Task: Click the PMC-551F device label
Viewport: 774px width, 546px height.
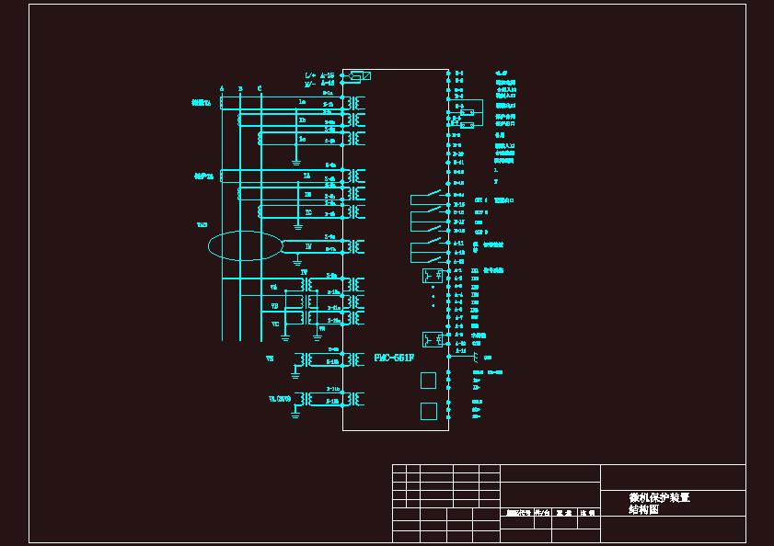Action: [x=394, y=357]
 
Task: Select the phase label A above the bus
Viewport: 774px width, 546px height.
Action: [x=222, y=88]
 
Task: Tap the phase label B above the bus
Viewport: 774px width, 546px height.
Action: [x=240, y=88]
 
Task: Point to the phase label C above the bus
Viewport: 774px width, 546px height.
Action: [x=260, y=88]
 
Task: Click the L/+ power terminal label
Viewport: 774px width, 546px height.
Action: [x=310, y=74]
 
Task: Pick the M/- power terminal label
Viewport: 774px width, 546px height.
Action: [x=310, y=83]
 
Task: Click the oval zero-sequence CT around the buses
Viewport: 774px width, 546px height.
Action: [x=245, y=245]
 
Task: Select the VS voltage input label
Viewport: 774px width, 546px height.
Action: [x=270, y=358]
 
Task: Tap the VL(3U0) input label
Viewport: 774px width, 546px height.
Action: [x=280, y=399]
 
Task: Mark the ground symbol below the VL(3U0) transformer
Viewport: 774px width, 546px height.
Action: [x=295, y=415]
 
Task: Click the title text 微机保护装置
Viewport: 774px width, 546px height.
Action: [x=659, y=497]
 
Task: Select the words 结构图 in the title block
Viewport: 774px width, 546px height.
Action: [x=644, y=509]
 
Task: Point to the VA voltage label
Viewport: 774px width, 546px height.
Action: [x=274, y=287]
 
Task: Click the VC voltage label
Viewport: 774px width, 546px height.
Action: [x=275, y=324]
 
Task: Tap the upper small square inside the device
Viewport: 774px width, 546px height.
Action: [x=428, y=380]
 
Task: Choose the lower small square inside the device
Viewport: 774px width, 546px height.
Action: [x=428, y=411]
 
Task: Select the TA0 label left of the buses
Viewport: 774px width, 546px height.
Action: [x=202, y=224]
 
